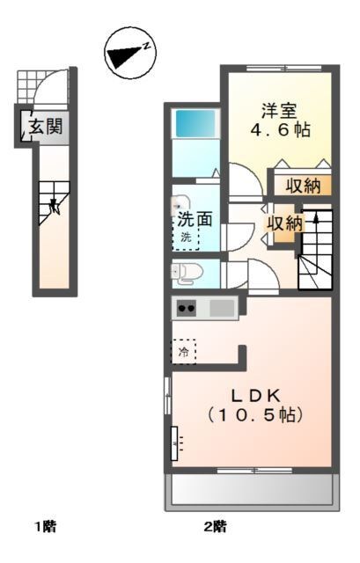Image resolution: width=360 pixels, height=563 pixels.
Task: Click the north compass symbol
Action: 130,53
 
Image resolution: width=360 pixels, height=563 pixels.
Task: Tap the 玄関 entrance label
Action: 46,126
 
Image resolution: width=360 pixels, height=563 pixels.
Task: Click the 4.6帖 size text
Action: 280,130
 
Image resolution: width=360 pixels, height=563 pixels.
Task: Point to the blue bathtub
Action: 195,123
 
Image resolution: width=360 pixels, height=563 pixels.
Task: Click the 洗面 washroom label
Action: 195,219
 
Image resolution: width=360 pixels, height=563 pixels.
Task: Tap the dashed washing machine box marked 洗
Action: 186,238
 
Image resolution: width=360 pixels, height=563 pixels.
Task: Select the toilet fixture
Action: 186,273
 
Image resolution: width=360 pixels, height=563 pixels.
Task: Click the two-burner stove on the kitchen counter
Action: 187,308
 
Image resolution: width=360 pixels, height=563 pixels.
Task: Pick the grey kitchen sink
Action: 222,308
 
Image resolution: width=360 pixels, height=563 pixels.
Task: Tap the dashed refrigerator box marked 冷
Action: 183,352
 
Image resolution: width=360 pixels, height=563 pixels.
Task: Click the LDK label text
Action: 256,396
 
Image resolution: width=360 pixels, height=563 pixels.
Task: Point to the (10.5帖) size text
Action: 255,415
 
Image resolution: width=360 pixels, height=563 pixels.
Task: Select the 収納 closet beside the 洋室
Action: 303,186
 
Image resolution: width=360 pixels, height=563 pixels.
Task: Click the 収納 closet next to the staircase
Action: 285,224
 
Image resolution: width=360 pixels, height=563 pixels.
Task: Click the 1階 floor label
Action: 45,527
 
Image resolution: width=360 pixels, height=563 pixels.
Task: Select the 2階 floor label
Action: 216,527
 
